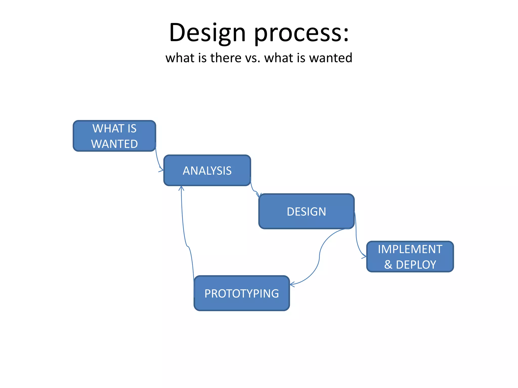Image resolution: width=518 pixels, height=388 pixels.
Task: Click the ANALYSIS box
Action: pyautogui.click(x=207, y=171)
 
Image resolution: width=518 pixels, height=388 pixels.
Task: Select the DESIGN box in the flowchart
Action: pyautogui.click(x=306, y=211)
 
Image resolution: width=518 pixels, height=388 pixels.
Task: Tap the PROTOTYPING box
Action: pyautogui.click(x=242, y=293)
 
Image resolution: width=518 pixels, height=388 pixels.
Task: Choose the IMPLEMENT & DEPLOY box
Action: pyautogui.click(x=410, y=257)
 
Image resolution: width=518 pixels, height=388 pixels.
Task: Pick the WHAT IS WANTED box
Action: pyautogui.click(x=114, y=136)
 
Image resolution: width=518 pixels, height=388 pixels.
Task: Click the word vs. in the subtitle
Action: pyautogui.click(x=253, y=58)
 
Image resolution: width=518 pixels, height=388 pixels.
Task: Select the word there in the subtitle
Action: pyautogui.click(x=226, y=58)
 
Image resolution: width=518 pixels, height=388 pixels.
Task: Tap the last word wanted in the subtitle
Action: pyautogui.click(x=331, y=58)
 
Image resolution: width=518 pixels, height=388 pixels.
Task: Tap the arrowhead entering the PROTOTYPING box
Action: pyautogui.click(x=292, y=284)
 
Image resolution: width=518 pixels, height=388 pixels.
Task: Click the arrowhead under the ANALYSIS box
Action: pyautogui.click(x=181, y=188)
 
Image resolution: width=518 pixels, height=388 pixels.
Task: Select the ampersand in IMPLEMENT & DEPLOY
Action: pyautogui.click(x=388, y=265)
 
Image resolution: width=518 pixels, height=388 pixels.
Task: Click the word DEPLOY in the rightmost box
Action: pyautogui.click(x=416, y=265)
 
